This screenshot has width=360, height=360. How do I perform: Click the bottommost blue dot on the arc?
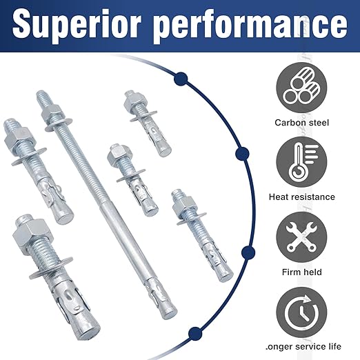click(195, 332)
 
